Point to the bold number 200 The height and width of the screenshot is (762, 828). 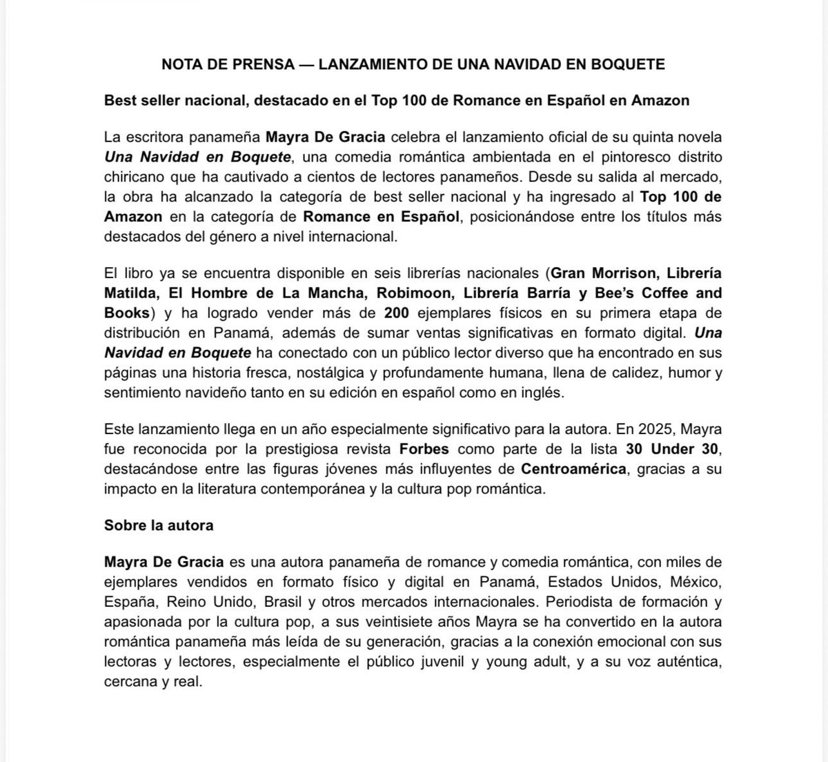(397, 313)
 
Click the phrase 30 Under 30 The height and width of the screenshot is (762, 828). (673, 449)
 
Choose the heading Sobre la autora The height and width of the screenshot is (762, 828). (159, 525)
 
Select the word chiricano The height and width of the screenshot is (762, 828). (134, 177)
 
